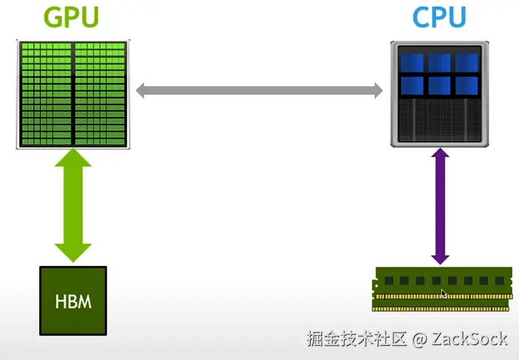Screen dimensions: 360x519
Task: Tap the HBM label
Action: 73,302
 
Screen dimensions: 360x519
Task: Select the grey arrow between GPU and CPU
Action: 259,91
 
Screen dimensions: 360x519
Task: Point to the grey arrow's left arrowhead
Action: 142,91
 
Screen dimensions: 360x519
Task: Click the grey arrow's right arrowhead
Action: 376,91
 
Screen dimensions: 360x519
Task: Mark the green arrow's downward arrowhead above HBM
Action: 73,251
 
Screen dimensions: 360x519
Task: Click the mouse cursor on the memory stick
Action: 443,293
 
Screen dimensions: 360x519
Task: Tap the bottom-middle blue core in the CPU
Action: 440,84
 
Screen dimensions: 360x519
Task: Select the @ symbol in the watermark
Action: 419,340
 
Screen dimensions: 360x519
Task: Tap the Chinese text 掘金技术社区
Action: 357,340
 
